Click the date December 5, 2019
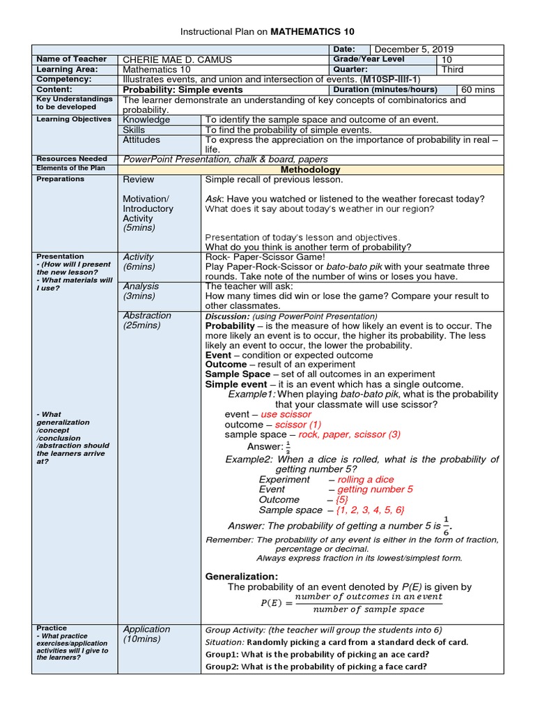414,49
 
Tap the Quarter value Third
453,70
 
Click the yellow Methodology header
310,169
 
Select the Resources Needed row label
72,159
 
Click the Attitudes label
141,139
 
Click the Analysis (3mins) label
141,291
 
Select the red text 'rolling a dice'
366,479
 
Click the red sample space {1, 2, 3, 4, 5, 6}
369,510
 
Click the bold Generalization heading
242,576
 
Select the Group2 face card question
316,667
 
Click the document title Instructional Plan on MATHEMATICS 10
267,32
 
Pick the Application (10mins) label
146,634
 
